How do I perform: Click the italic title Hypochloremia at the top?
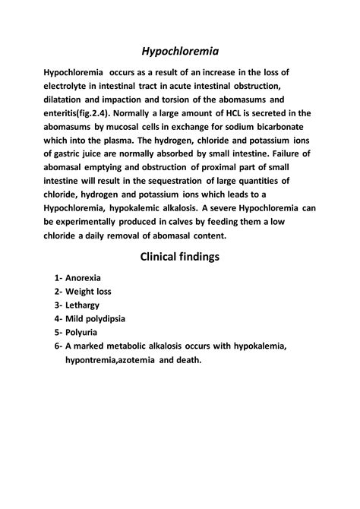click(x=180, y=52)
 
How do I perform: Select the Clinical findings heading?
click(x=180, y=256)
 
